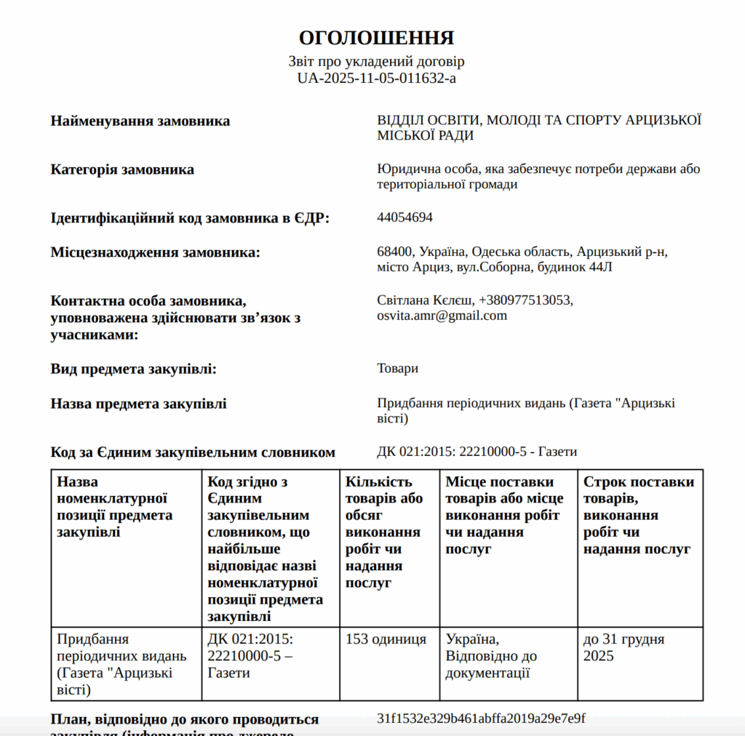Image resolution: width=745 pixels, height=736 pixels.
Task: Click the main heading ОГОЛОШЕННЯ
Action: click(376, 39)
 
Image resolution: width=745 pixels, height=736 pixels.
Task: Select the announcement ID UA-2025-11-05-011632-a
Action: click(376, 78)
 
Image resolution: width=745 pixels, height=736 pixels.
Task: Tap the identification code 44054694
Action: click(405, 217)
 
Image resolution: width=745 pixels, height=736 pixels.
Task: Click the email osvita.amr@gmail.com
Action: click(442, 316)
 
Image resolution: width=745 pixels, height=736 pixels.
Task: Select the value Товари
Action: click(397, 368)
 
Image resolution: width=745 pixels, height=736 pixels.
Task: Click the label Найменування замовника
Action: click(140, 121)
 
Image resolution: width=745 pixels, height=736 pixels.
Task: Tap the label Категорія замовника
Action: click(122, 169)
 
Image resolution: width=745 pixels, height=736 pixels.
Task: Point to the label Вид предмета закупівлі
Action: click(134, 369)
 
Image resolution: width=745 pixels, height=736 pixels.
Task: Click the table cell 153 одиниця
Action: click(386, 639)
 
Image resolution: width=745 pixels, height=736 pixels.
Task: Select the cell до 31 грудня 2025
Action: click(624, 647)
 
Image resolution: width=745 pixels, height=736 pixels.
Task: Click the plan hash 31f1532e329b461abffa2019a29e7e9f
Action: click(481, 719)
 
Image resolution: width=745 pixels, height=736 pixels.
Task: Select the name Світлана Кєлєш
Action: click(424, 300)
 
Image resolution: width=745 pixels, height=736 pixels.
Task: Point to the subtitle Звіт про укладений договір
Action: click(376, 62)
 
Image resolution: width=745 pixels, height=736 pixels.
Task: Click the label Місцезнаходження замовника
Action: click(155, 252)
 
